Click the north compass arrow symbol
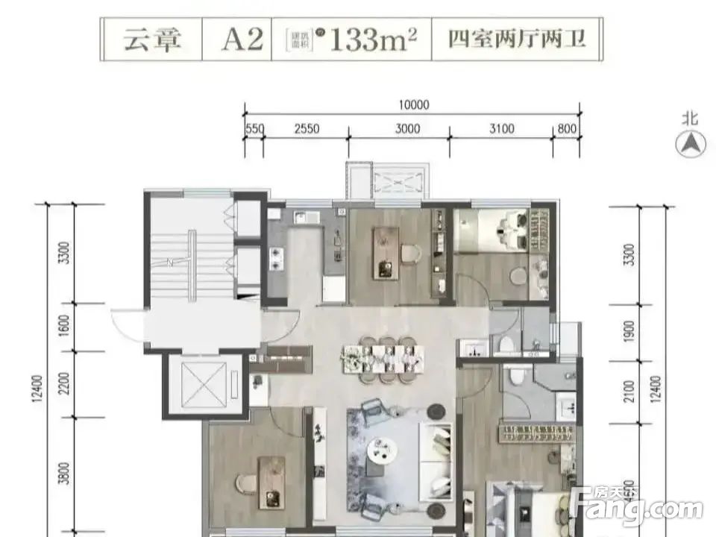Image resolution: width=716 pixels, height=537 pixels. pyautogui.click(x=691, y=142)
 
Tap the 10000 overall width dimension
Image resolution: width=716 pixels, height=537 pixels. pyautogui.click(x=414, y=105)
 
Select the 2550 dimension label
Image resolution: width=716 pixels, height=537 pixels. pyautogui.click(x=307, y=128)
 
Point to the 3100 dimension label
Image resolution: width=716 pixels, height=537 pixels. pyautogui.click(x=501, y=128)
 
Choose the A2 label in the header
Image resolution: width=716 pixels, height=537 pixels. pyautogui.click(x=242, y=40)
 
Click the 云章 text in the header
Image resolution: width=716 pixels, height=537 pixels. pyautogui.click(x=152, y=40)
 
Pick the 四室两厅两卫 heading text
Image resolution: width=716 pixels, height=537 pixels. pyautogui.click(x=516, y=40)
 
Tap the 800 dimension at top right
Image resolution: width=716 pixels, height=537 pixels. pyautogui.click(x=568, y=128)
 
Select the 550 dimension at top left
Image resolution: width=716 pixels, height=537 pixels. pyautogui.click(x=254, y=128)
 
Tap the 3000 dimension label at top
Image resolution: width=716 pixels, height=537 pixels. pyautogui.click(x=407, y=128)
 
